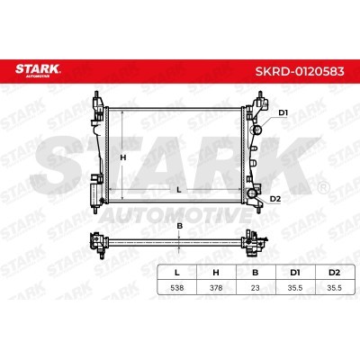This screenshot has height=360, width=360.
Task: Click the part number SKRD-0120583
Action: pos(300,71)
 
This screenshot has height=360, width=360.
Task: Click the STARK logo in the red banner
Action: pos(38,70)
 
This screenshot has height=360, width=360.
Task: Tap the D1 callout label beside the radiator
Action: pos(283,113)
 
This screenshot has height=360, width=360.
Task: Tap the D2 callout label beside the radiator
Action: pos(275,199)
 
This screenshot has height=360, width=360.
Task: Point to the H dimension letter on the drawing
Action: pos(122,157)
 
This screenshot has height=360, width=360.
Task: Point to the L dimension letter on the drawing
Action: pos(179,190)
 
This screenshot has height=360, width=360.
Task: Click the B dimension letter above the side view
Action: pos(179,226)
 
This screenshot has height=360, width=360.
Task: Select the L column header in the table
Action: pos(177,273)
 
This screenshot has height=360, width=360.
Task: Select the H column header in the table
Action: pos(216,273)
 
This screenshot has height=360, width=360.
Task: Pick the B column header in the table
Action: pos(256,273)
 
